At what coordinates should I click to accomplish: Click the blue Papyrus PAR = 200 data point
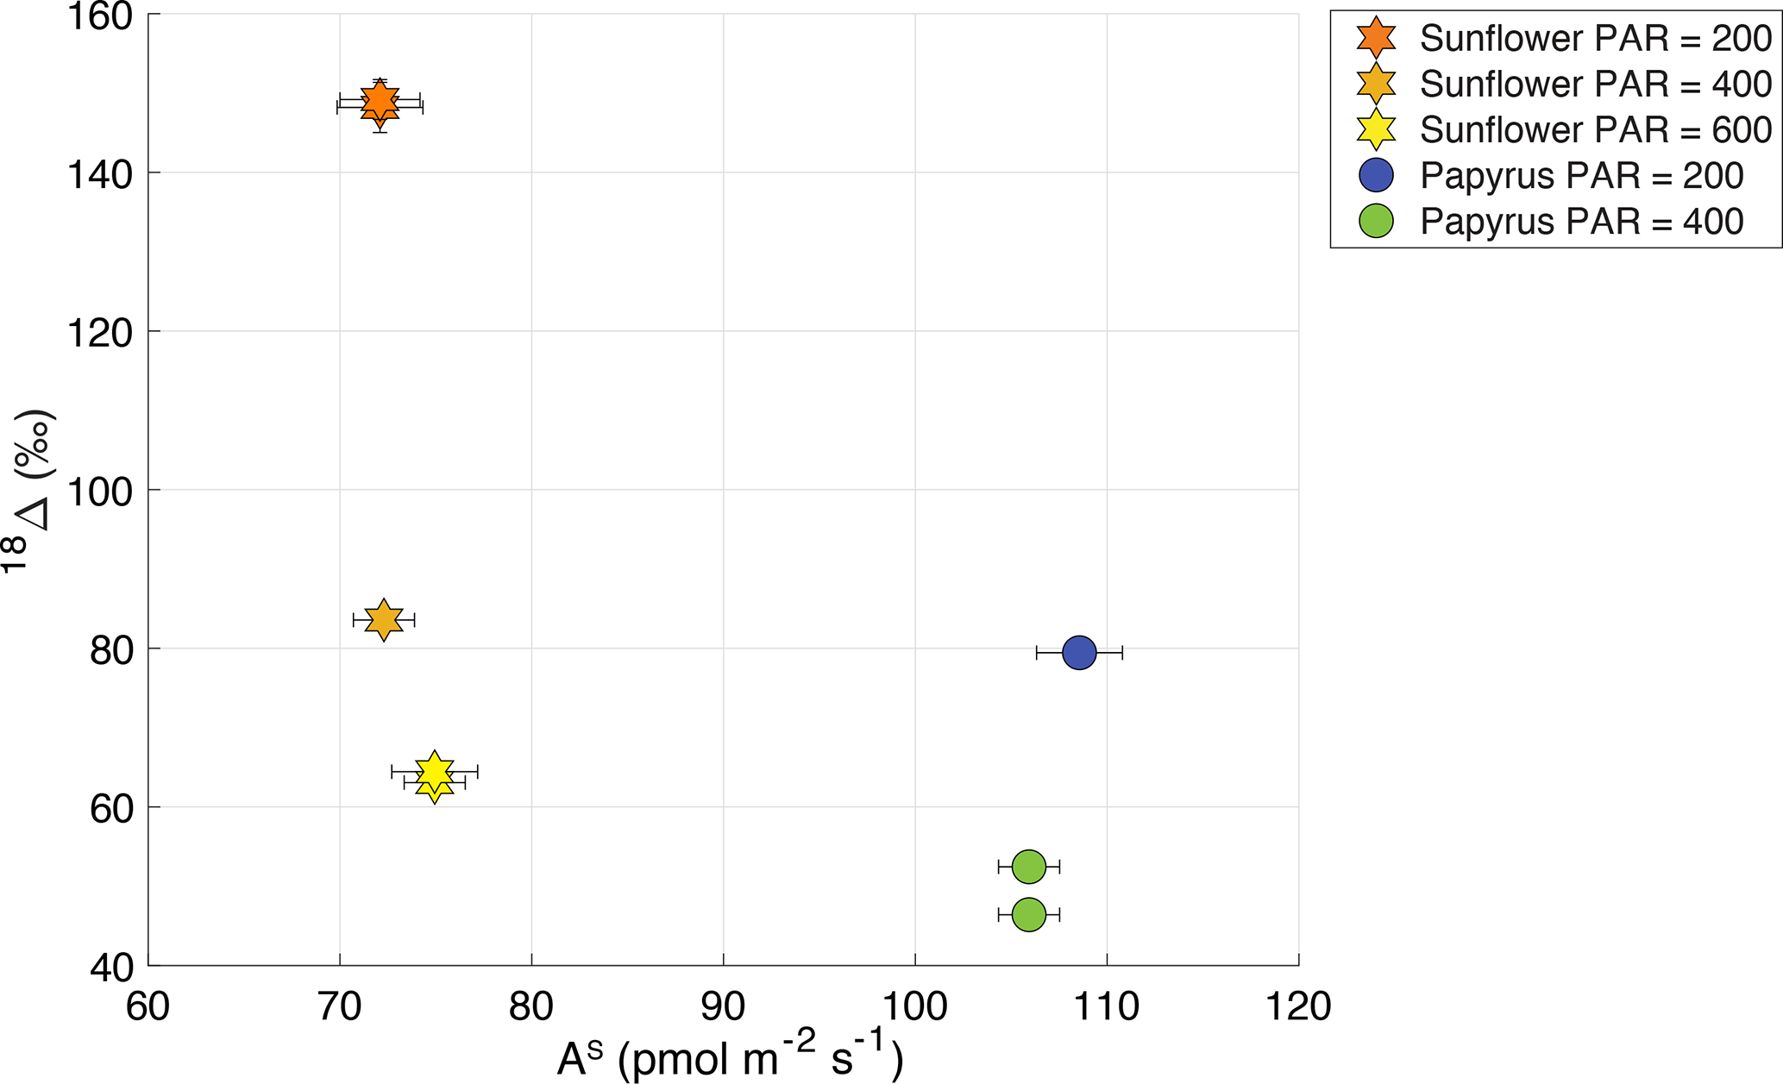[x=1079, y=653]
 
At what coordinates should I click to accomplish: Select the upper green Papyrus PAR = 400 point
[x=1028, y=867]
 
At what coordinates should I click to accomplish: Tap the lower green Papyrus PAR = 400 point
[x=1028, y=914]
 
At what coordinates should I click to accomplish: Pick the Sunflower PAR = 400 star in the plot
[x=384, y=619]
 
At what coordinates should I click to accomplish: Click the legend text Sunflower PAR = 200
[x=1596, y=39]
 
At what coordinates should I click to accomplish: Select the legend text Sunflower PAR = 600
[x=1596, y=130]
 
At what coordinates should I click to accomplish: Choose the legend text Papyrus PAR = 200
[x=1582, y=176]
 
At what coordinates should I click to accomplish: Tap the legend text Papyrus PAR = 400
[x=1582, y=222]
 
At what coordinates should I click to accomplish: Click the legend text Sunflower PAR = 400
[x=1596, y=85]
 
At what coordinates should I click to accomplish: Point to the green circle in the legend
[x=1376, y=222]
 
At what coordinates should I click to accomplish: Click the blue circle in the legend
[x=1376, y=176]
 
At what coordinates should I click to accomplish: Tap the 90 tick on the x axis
[x=723, y=1006]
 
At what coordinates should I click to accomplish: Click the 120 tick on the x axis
[x=1298, y=1006]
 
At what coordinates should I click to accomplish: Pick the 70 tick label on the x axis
[x=340, y=1006]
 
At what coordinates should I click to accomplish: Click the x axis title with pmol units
[x=730, y=1060]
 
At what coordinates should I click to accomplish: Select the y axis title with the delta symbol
[x=30, y=492]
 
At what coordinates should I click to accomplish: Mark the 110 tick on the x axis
[x=1107, y=1006]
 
